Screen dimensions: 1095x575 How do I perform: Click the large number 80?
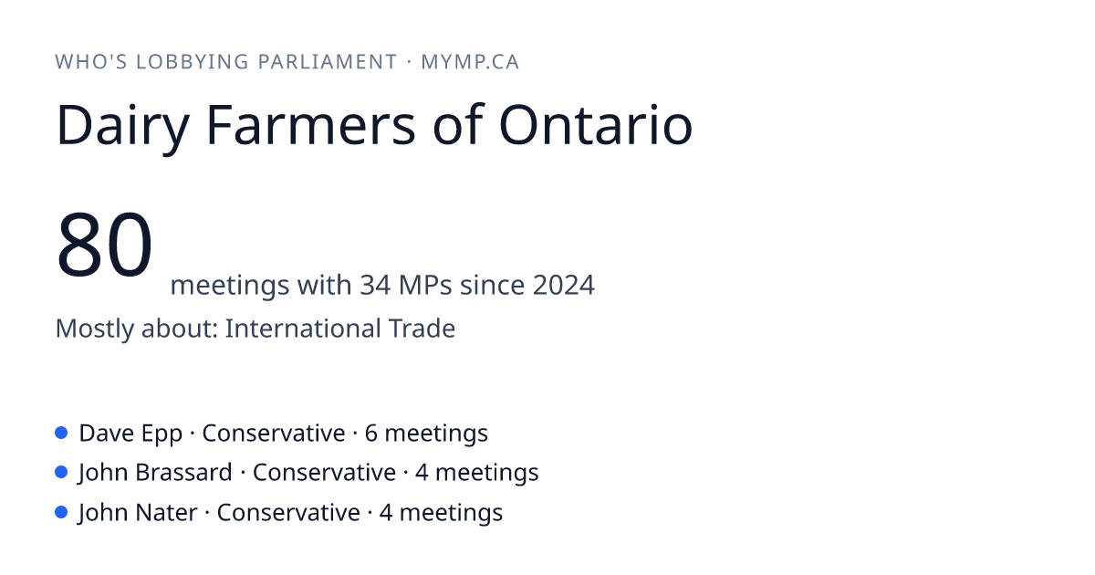[104, 244]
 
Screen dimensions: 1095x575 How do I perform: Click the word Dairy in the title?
[122, 126]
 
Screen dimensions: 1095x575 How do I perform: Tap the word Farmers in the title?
[311, 125]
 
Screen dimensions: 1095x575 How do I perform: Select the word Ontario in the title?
[595, 125]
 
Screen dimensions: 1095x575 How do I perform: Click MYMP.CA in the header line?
[470, 62]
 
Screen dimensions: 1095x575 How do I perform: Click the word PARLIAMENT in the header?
[327, 62]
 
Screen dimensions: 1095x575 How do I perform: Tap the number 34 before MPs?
[375, 285]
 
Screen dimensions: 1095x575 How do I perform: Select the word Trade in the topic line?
[422, 328]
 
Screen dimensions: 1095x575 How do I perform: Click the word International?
[302, 328]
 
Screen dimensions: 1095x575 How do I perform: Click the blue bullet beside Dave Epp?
[61, 433]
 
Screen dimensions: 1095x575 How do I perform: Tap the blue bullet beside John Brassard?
[61, 473]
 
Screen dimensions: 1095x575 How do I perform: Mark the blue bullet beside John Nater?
[61, 512]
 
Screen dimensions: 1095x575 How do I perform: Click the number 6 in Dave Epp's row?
[371, 434]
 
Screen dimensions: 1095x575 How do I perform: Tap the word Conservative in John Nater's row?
[288, 512]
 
